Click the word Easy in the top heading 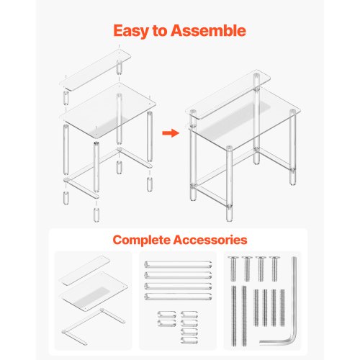pyautogui.click(x=131, y=31)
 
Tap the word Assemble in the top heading pyautogui.click(x=208, y=30)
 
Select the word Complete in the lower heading pyautogui.click(x=142, y=240)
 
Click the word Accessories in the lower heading pyautogui.click(x=210, y=240)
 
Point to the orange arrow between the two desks pyautogui.click(x=171, y=133)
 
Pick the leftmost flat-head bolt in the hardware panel pyautogui.click(x=233, y=269)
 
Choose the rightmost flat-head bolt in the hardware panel pyautogui.click(x=274, y=269)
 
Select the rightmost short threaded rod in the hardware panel pyautogui.click(x=283, y=307)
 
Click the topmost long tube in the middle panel pyautogui.click(x=178, y=264)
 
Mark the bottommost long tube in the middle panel pyautogui.click(x=178, y=297)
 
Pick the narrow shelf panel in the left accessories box pyautogui.click(x=84, y=271)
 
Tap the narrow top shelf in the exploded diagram pyautogui.click(x=95, y=70)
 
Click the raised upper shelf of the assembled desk pyautogui.click(x=228, y=94)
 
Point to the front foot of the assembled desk pyautogui.click(x=229, y=214)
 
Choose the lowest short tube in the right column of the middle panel pyautogui.click(x=189, y=340)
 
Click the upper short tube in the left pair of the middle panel pyautogui.click(x=167, y=315)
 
